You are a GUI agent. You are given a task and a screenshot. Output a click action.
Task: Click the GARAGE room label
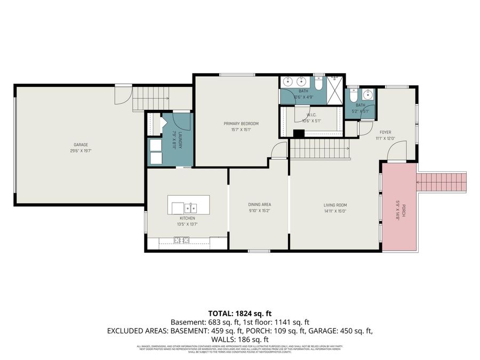[x=81, y=145]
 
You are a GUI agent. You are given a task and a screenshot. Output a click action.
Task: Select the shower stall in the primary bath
[x=334, y=91]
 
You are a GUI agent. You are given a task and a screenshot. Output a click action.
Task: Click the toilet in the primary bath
[x=318, y=84]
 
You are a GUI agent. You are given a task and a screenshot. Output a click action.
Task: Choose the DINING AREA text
[x=259, y=205]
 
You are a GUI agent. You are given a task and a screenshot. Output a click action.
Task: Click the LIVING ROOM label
[x=335, y=205]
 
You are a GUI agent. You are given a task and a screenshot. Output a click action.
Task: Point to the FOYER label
[x=385, y=132]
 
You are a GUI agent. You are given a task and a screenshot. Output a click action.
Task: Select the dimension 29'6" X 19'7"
[x=81, y=150]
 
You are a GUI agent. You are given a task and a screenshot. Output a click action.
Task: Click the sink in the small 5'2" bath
[x=367, y=95]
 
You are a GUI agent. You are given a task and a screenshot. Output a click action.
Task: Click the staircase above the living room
[x=319, y=148]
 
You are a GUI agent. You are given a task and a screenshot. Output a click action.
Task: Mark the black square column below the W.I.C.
[x=299, y=134]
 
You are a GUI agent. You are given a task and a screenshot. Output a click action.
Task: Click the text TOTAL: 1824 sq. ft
[x=239, y=313]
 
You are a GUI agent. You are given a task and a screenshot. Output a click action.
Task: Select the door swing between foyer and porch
[x=397, y=152]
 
